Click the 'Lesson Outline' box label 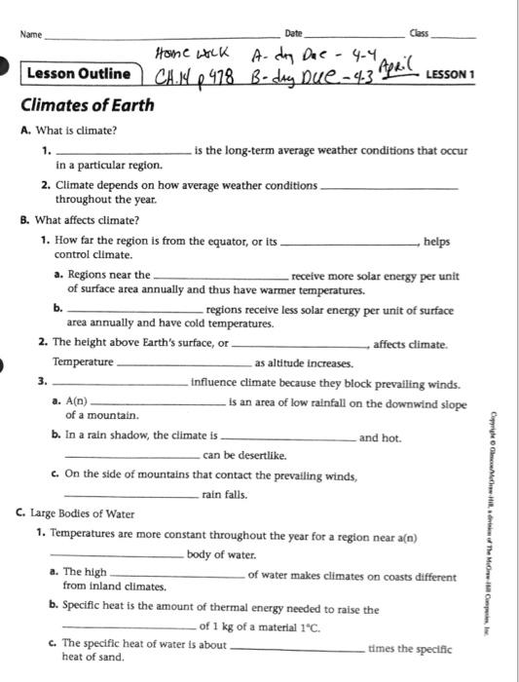point(79,74)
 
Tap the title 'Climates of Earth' point(87,105)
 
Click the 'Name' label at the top point(31,35)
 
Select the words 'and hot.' point(380,438)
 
